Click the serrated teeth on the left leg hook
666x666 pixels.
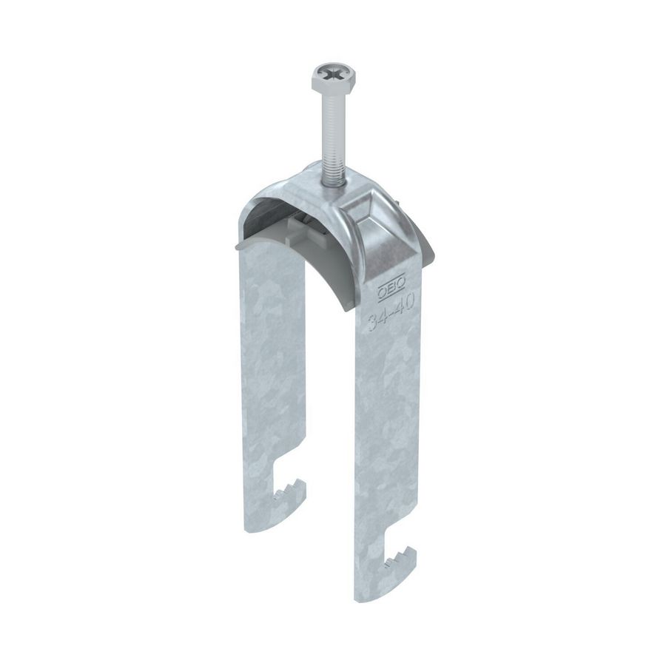tap(286, 489)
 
